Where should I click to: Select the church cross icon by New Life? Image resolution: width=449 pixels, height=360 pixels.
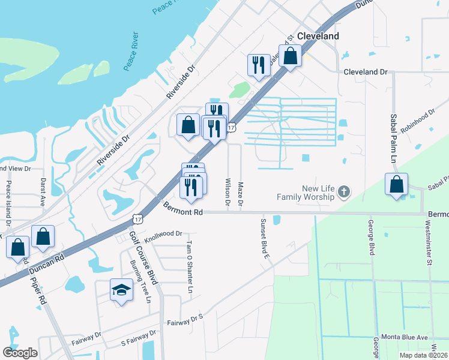343,192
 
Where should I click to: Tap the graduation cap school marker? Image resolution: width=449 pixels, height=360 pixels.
121,290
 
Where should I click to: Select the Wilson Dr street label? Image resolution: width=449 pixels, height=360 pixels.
228,192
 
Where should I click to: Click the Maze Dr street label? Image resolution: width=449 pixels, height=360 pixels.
241,195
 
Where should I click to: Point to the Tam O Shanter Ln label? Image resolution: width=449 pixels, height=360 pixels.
190,267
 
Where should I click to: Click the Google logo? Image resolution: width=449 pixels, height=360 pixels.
20,353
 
